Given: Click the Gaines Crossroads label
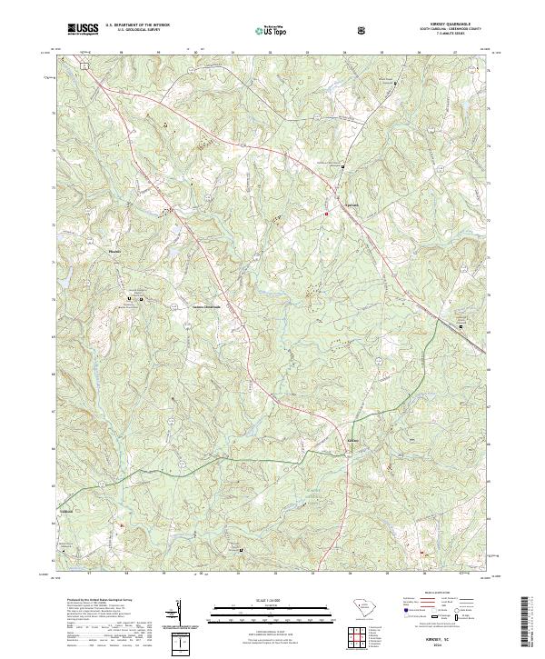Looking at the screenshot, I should (x=205, y=306).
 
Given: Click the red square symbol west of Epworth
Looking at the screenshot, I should (x=326, y=214).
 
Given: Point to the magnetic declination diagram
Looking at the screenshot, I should (x=178, y=620).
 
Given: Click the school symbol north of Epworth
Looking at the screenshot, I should (x=342, y=167).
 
